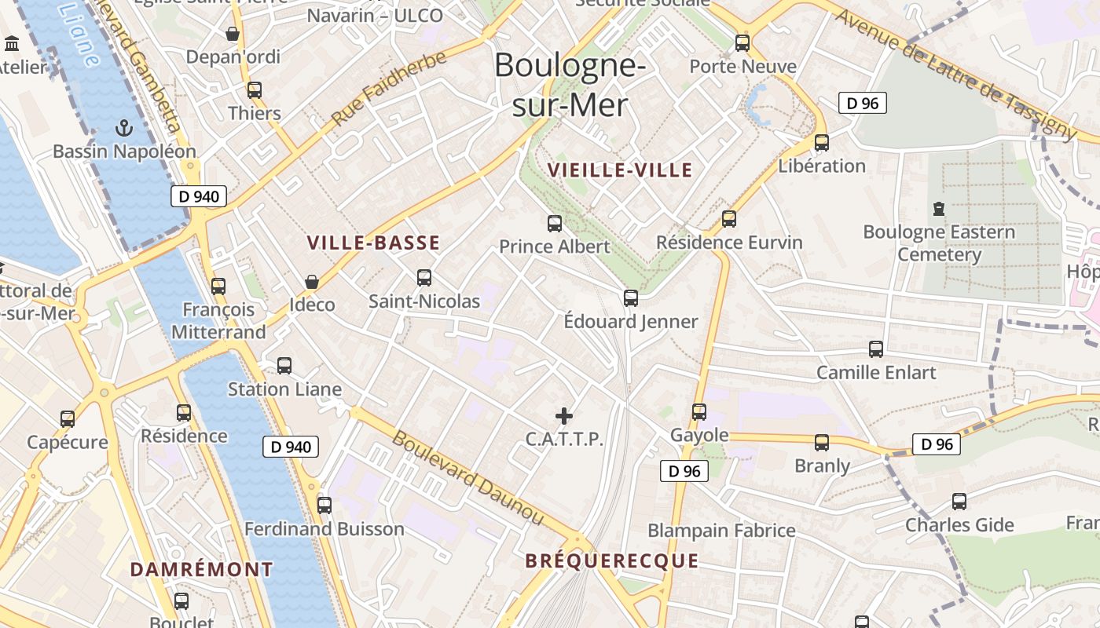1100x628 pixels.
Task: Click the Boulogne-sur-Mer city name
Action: click(570, 85)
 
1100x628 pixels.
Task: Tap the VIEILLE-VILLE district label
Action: click(620, 170)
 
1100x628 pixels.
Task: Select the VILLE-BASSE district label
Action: click(373, 243)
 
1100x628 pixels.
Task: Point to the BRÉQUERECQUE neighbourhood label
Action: click(611, 560)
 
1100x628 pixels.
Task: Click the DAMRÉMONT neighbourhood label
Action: click(202, 569)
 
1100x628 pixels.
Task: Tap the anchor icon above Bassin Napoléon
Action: click(123, 127)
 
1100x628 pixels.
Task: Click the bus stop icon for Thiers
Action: click(254, 90)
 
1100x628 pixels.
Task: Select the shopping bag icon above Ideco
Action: click(312, 282)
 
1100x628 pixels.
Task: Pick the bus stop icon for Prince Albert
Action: click(555, 224)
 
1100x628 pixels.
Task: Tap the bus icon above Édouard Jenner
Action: click(631, 298)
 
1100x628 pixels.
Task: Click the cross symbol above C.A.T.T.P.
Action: click(564, 416)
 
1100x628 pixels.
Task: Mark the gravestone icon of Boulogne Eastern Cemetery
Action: click(938, 209)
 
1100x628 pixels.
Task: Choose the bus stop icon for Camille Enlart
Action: click(876, 349)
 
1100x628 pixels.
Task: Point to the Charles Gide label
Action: click(959, 525)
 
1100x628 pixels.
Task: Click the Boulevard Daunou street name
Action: click(467, 478)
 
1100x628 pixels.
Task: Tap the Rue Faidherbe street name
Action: click(389, 88)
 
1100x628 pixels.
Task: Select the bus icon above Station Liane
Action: click(284, 366)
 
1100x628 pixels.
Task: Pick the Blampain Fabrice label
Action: click(721, 531)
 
